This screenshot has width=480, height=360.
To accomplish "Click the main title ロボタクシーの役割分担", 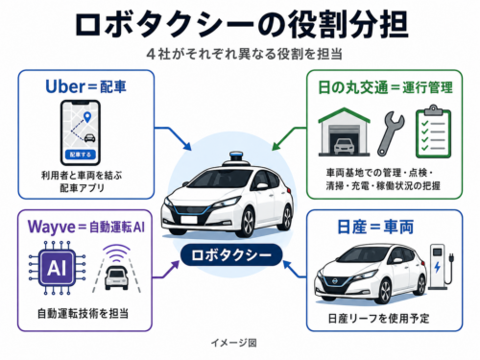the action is pos(242,25).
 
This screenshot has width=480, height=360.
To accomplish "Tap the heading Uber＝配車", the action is pos(85,86).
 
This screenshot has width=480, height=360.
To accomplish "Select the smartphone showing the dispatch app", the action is pos(81,132).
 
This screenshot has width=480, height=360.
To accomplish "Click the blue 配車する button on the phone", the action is pos(81,155).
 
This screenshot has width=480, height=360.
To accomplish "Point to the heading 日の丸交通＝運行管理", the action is pos(385,87).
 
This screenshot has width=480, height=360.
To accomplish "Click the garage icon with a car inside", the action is pos(344,132).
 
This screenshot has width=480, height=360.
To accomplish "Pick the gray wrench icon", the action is pos(391,133).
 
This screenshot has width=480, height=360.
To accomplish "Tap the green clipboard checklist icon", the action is pos(433,132).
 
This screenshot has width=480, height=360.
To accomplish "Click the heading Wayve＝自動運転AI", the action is pos(86,227).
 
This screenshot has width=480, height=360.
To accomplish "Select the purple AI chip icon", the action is pos(57,268).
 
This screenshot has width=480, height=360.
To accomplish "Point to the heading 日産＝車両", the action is pos(375,227).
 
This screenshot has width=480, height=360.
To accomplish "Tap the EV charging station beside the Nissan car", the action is pos(441,266).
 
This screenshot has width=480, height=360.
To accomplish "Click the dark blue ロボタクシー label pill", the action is pos(231,255).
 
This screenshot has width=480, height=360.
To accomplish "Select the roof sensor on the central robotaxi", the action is pos(236,158).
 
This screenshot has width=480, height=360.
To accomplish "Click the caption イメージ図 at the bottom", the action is pos(233,343).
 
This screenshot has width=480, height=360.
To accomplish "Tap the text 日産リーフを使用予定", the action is pos(379,319).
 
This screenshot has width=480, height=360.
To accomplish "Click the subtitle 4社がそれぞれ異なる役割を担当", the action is pos(245,54).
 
